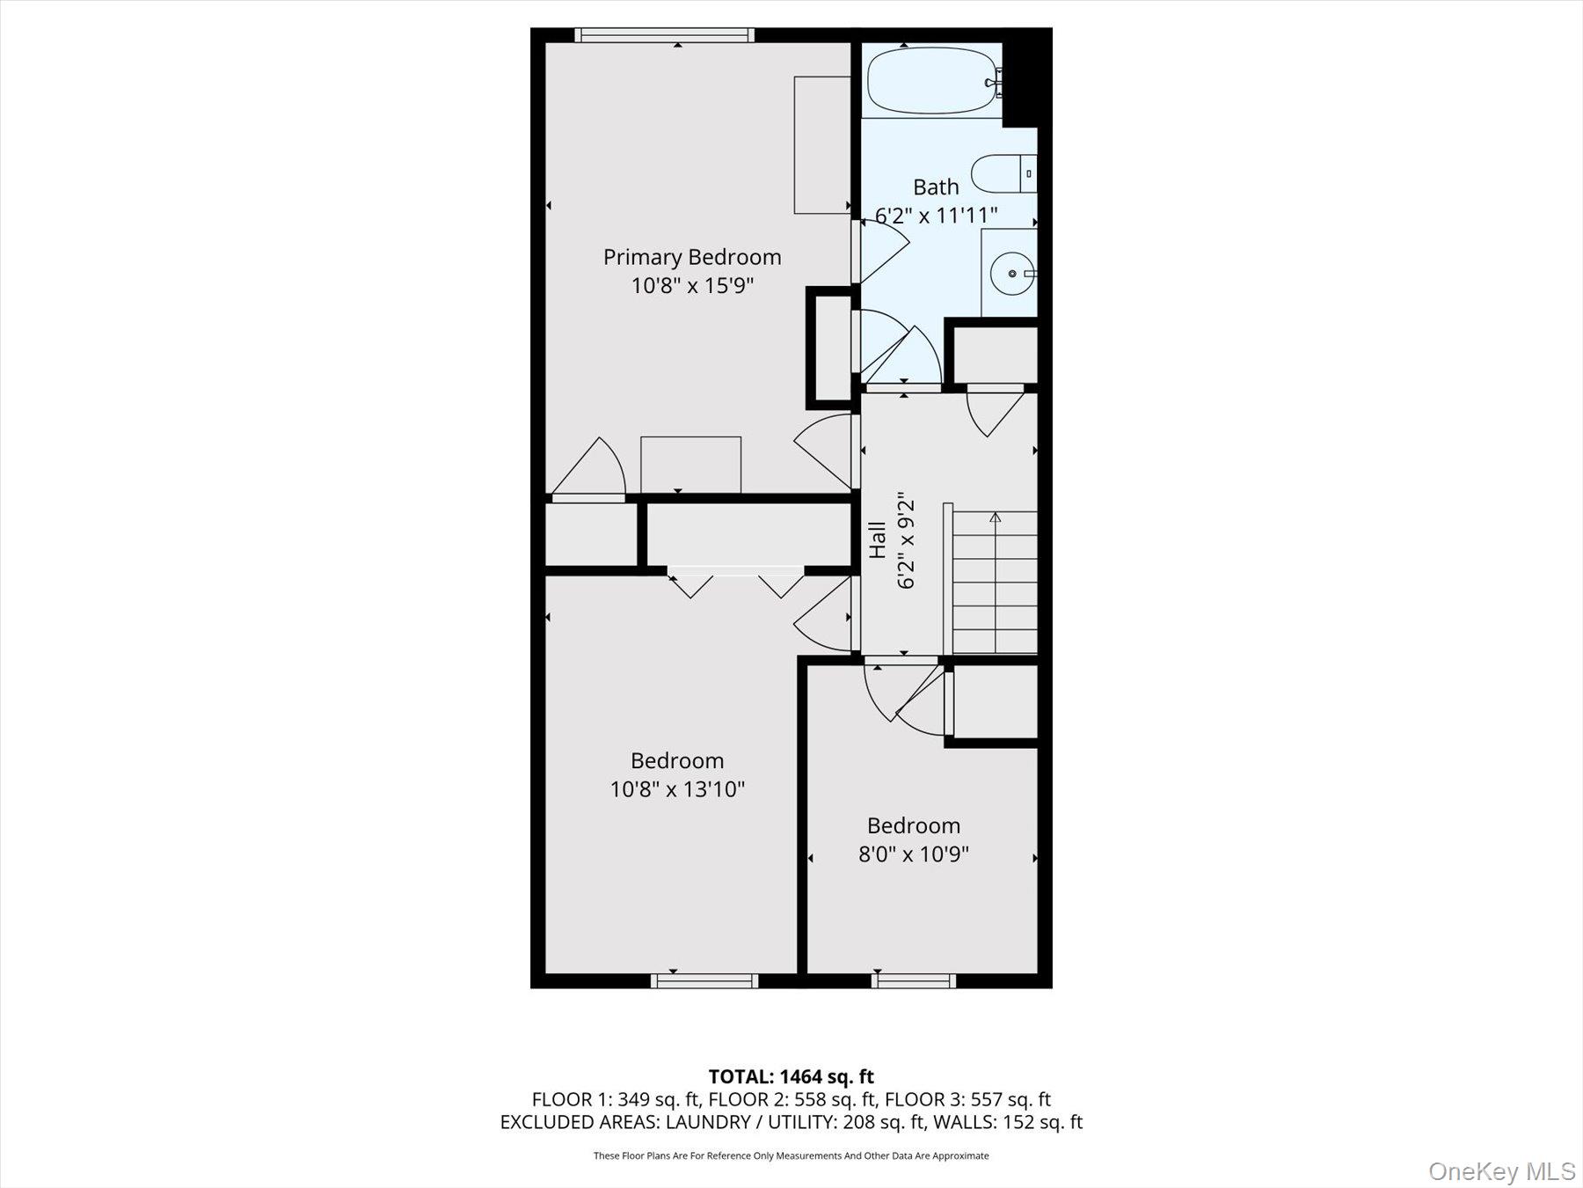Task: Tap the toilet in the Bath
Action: [x=1003, y=173]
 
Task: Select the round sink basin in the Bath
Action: [x=1012, y=274]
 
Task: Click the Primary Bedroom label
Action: [x=692, y=257]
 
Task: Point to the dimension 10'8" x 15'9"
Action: [x=692, y=285]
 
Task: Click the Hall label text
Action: [x=878, y=540]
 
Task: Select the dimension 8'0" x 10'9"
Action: [x=913, y=854]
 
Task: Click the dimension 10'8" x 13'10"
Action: [x=677, y=788]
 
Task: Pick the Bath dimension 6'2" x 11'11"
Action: [x=936, y=215]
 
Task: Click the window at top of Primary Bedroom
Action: [x=664, y=35]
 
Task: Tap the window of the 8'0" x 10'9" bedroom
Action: [x=914, y=980]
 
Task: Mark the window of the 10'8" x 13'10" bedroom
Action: [x=704, y=980]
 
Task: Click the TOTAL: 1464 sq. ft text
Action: [x=791, y=1076]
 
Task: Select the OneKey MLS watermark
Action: [x=1501, y=1171]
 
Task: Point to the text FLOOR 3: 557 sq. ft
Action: [x=967, y=1099]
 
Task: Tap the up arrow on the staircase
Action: [x=995, y=518]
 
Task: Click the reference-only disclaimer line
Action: [x=791, y=1155]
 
